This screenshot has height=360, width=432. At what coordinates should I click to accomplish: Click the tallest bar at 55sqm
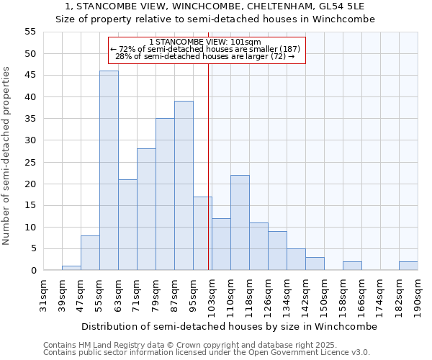[109, 171]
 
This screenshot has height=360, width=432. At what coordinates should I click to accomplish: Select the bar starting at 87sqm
[184, 186]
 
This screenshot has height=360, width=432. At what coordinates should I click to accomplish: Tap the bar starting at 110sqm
[240, 222]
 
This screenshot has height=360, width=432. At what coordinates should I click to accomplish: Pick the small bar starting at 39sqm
[71, 268]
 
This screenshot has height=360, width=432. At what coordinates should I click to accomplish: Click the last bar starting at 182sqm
[408, 266]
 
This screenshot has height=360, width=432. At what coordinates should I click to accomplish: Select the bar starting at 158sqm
[352, 266]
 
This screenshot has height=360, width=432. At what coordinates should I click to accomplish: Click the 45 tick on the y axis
[30, 76]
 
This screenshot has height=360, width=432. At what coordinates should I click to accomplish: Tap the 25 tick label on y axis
[30, 162]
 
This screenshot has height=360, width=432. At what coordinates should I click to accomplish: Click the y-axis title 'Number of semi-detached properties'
[7, 155]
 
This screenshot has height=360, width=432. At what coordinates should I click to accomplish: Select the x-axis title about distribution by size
[229, 326]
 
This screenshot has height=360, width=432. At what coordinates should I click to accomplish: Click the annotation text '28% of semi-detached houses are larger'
[205, 56]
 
